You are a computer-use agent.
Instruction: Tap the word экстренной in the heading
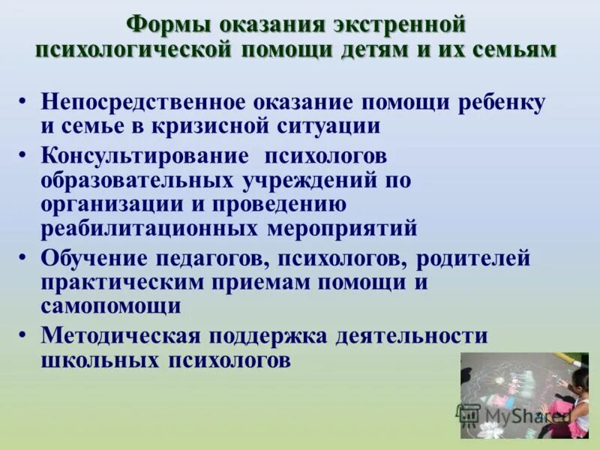[396, 24]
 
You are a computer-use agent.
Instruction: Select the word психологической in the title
[133, 49]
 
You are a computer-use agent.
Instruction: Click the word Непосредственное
[142, 103]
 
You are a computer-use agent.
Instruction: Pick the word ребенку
[504, 103]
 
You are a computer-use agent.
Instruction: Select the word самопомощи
[111, 306]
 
